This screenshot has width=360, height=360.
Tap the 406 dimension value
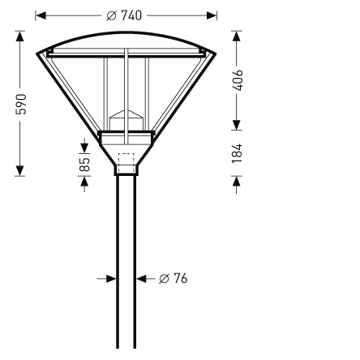tap(237, 79)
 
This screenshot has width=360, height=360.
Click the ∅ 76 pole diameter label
tap(173, 278)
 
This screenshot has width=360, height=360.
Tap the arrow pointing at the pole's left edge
tap(113, 278)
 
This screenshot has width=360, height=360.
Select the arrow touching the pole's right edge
tap(141, 278)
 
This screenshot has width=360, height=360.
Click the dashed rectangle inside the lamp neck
tap(126, 159)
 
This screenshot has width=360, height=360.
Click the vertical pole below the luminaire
tap(126, 259)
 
